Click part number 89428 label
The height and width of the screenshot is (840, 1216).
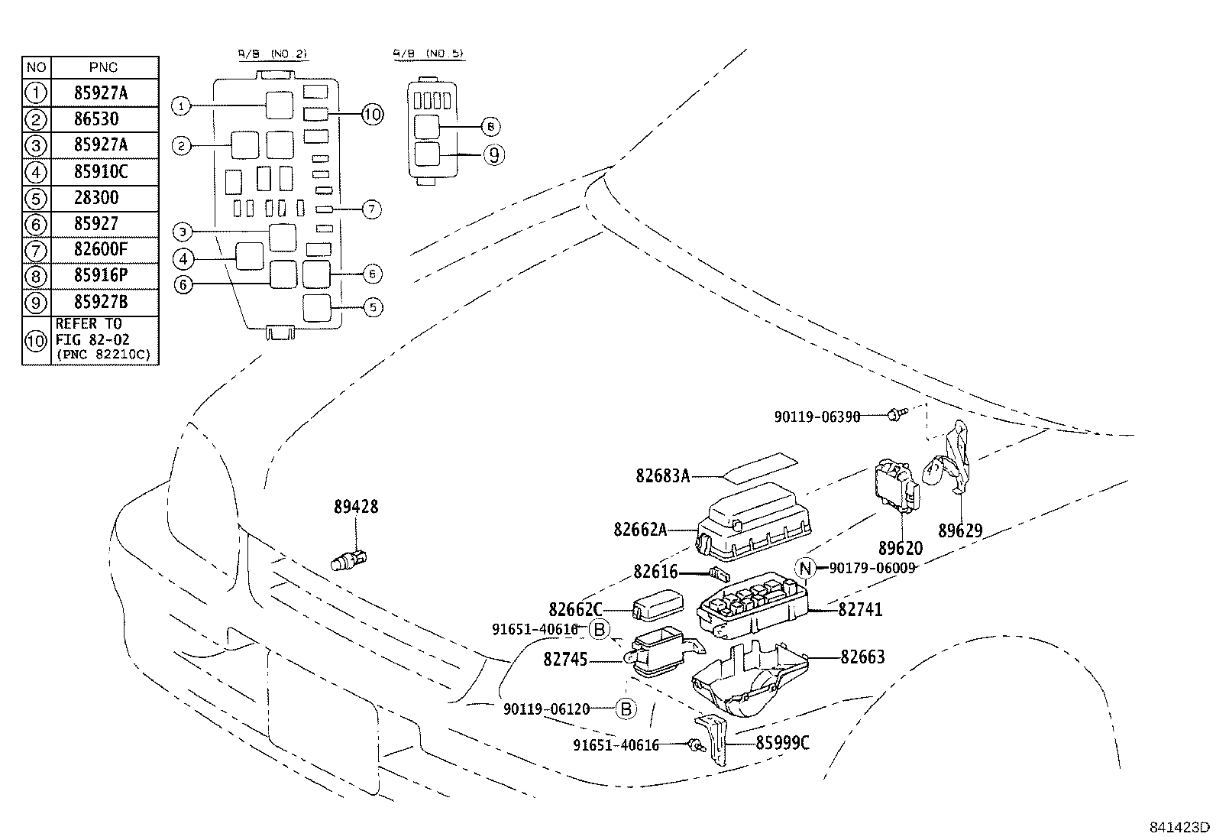355,507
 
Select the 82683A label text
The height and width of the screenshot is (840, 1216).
662,476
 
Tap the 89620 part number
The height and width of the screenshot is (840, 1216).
900,548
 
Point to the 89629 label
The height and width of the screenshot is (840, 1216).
960,530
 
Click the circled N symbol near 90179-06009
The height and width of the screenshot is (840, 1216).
805,568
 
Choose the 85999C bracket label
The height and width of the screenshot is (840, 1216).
783,742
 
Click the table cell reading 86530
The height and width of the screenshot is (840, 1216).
97,119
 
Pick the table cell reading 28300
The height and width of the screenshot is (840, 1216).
97,198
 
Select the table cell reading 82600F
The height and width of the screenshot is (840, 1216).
101,250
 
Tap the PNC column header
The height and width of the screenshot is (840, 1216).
103,67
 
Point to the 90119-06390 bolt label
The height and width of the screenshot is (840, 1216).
817,417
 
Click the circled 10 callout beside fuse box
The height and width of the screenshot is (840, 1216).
372,115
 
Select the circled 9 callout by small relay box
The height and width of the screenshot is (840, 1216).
494,155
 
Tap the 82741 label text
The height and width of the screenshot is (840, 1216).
860,610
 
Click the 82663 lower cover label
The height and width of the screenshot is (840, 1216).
862,657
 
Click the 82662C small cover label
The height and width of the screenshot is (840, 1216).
575,609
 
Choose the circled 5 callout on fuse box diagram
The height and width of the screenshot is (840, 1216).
373,307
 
